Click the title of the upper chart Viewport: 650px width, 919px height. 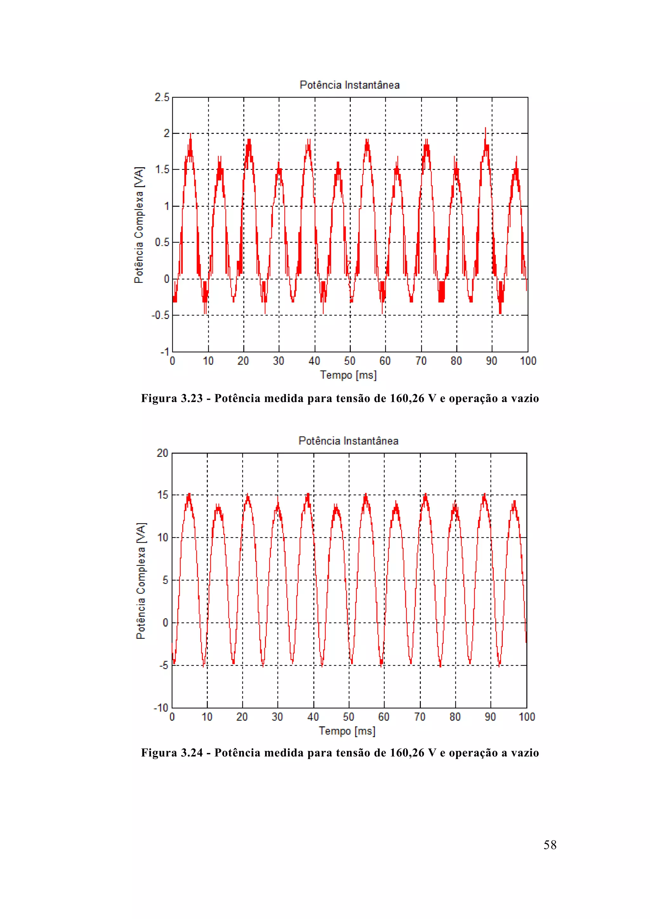[x=349, y=85]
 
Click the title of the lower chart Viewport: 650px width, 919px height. [x=348, y=441]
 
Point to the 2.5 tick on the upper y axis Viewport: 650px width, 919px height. [x=162, y=97]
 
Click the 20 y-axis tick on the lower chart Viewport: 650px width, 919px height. [x=162, y=453]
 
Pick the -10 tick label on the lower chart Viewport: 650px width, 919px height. [x=161, y=708]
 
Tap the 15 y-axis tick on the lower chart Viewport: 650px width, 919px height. [x=162, y=495]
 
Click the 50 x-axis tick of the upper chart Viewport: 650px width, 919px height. [x=349, y=361]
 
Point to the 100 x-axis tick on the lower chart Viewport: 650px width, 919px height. [x=527, y=717]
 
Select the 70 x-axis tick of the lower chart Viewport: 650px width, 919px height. [x=420, y=717]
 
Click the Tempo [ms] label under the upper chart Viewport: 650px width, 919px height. [x=348, y=375]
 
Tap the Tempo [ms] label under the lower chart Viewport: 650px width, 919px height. [x=347, y=731]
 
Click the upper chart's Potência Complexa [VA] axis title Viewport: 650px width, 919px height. [x=139, y=225]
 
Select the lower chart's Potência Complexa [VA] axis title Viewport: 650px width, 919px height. [x=141, y=580]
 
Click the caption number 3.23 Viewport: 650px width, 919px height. [x=192, y=398]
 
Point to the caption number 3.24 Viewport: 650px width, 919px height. [x=192, y=753]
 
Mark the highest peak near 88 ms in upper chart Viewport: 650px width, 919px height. [x=485, y=129]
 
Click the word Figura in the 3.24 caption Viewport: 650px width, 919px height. [x=159, y=753]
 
